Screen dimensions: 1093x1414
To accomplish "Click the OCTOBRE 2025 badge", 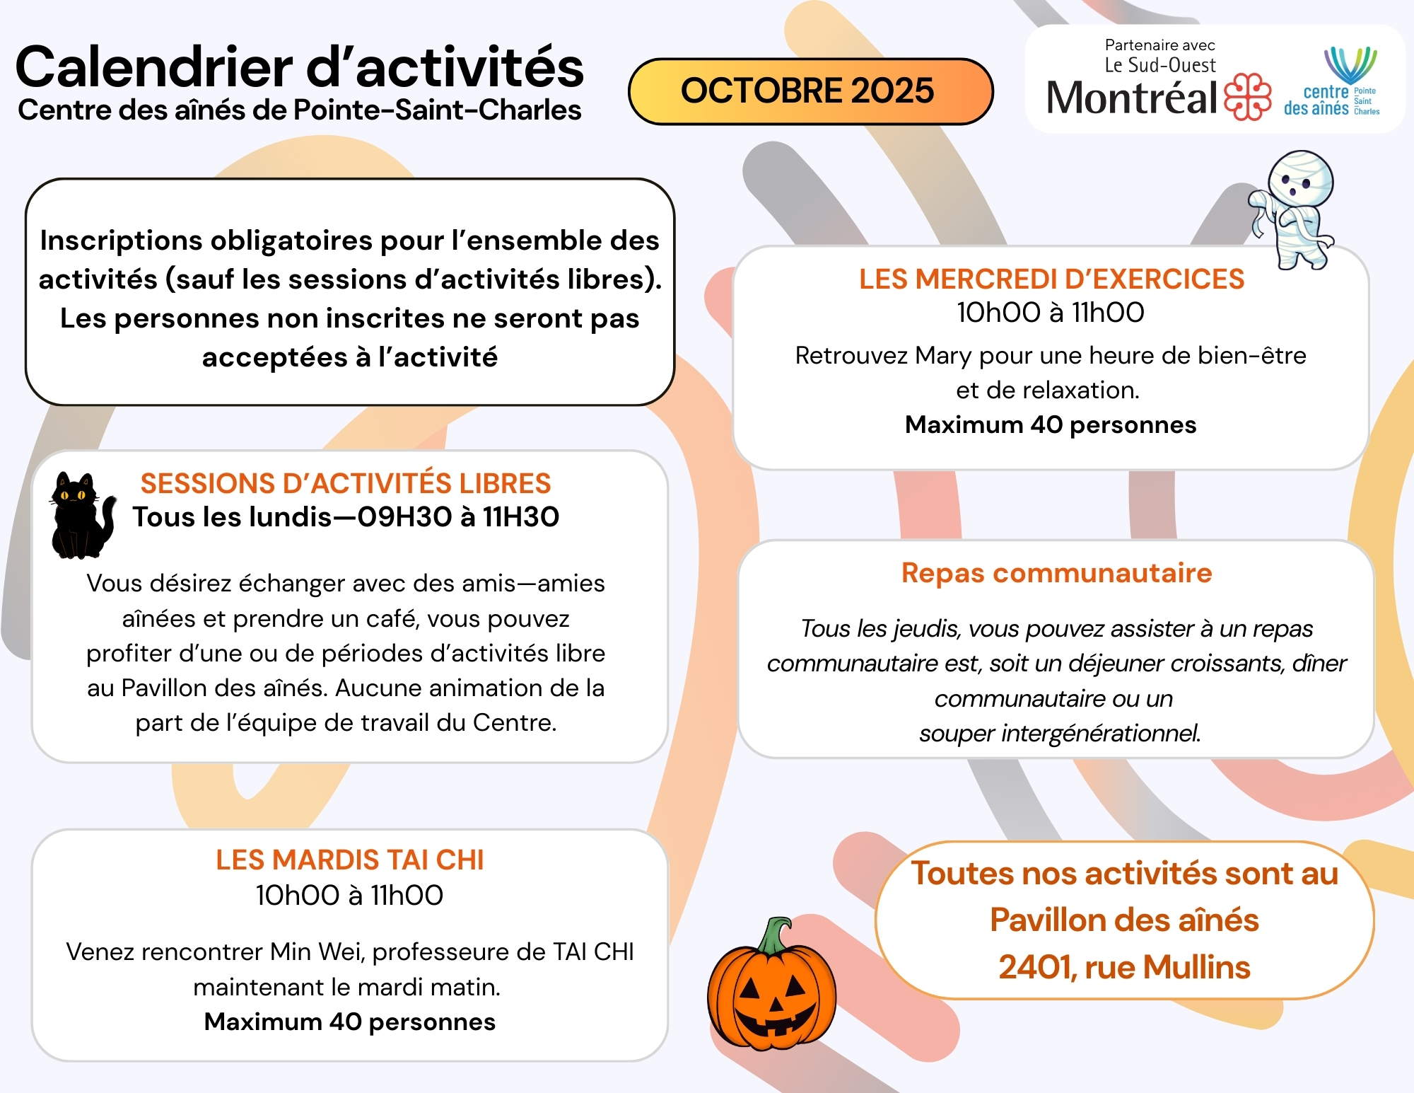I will pyautogui.click(x=810, y=91).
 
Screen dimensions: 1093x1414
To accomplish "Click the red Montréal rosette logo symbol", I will pyautogui.click(x=1247, y=97).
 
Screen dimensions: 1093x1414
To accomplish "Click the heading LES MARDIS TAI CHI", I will pyautogui.click(x=349, y=860).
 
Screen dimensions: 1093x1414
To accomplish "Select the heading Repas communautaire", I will pyautogui.click(x=1056, y=573).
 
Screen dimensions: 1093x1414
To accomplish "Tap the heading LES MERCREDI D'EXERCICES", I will pyautogui.click(x=1051, y=279).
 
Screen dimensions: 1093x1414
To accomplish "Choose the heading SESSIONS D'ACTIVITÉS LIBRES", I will pyautogui.click(x=345, y=484).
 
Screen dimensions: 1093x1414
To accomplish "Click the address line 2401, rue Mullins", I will pyautogui.click(x=1124, y=967).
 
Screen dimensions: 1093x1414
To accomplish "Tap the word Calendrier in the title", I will pyautogui.click(x=154, y=68).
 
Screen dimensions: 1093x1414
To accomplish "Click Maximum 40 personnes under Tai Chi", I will pyautogui.click(x=349, y=1022).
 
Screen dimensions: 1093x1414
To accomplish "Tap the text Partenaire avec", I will pyautogui.click(x=1159, y=46).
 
